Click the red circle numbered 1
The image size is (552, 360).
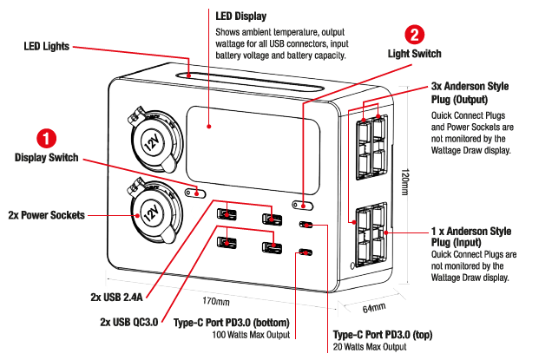coord(45,138)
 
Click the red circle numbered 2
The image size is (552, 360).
coord(414,36)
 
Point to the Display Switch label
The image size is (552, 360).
coord(46,158)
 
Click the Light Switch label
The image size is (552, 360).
coord(414,54)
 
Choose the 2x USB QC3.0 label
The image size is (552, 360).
coord(129,323)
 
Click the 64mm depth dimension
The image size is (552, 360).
coord(373,308)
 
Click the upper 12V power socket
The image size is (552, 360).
coord(152,139)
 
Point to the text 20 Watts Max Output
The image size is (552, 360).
coord(370,347)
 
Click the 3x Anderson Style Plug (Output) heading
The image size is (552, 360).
coord(470,93)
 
